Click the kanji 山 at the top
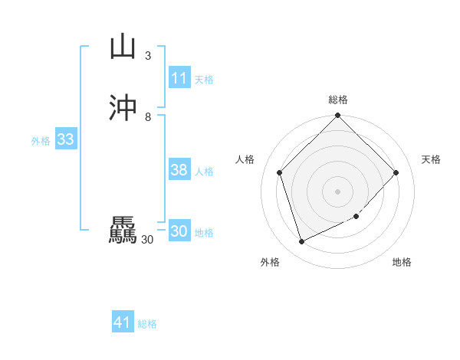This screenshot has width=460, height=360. tap(123, 46)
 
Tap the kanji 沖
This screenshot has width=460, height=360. tap(123, 108)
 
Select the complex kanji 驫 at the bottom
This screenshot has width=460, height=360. tap(123, 231)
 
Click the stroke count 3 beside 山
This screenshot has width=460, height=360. tap(148, 56)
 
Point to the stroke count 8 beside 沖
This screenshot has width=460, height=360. tap(148, 117)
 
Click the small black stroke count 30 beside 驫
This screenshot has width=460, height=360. tap(147, 240)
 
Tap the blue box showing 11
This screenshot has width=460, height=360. tap(179, 78)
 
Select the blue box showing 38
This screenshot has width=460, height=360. tap(179, 170)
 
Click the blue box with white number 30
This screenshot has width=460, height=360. tap(179, 231)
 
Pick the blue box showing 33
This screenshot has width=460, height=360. tap(65, 139)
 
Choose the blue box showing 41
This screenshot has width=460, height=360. tap(123, 323)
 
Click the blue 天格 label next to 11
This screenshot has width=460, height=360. tap(204, 80)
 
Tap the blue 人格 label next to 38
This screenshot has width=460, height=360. tap(204, 172)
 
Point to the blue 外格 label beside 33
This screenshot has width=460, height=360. tap(41, 141)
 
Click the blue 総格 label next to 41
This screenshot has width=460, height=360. tap(147, 325)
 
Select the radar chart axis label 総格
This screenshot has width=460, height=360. tap(338, 100)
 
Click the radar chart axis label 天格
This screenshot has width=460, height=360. tap(431, 159)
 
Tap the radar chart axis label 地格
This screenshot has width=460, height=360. tap(402, 262)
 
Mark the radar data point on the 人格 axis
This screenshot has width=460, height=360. tap(280, 172)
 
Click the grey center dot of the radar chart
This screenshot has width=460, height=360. tap(338, 191)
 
